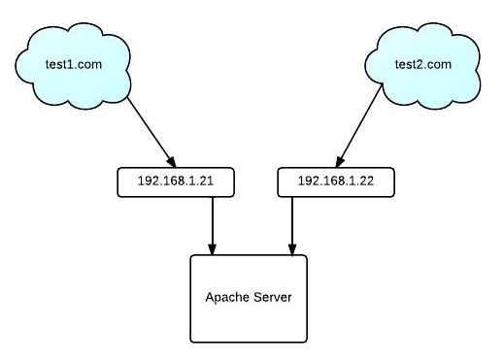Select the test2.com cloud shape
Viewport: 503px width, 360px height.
point(424,65)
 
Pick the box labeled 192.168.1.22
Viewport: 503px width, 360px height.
point(335,181)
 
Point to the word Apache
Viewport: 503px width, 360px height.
point(227,298)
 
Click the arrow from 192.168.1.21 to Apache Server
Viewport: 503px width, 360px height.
point(212,224)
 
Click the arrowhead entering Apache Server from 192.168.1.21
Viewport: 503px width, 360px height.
point(212,248)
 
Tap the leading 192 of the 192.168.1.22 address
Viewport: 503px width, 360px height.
point(307,181)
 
